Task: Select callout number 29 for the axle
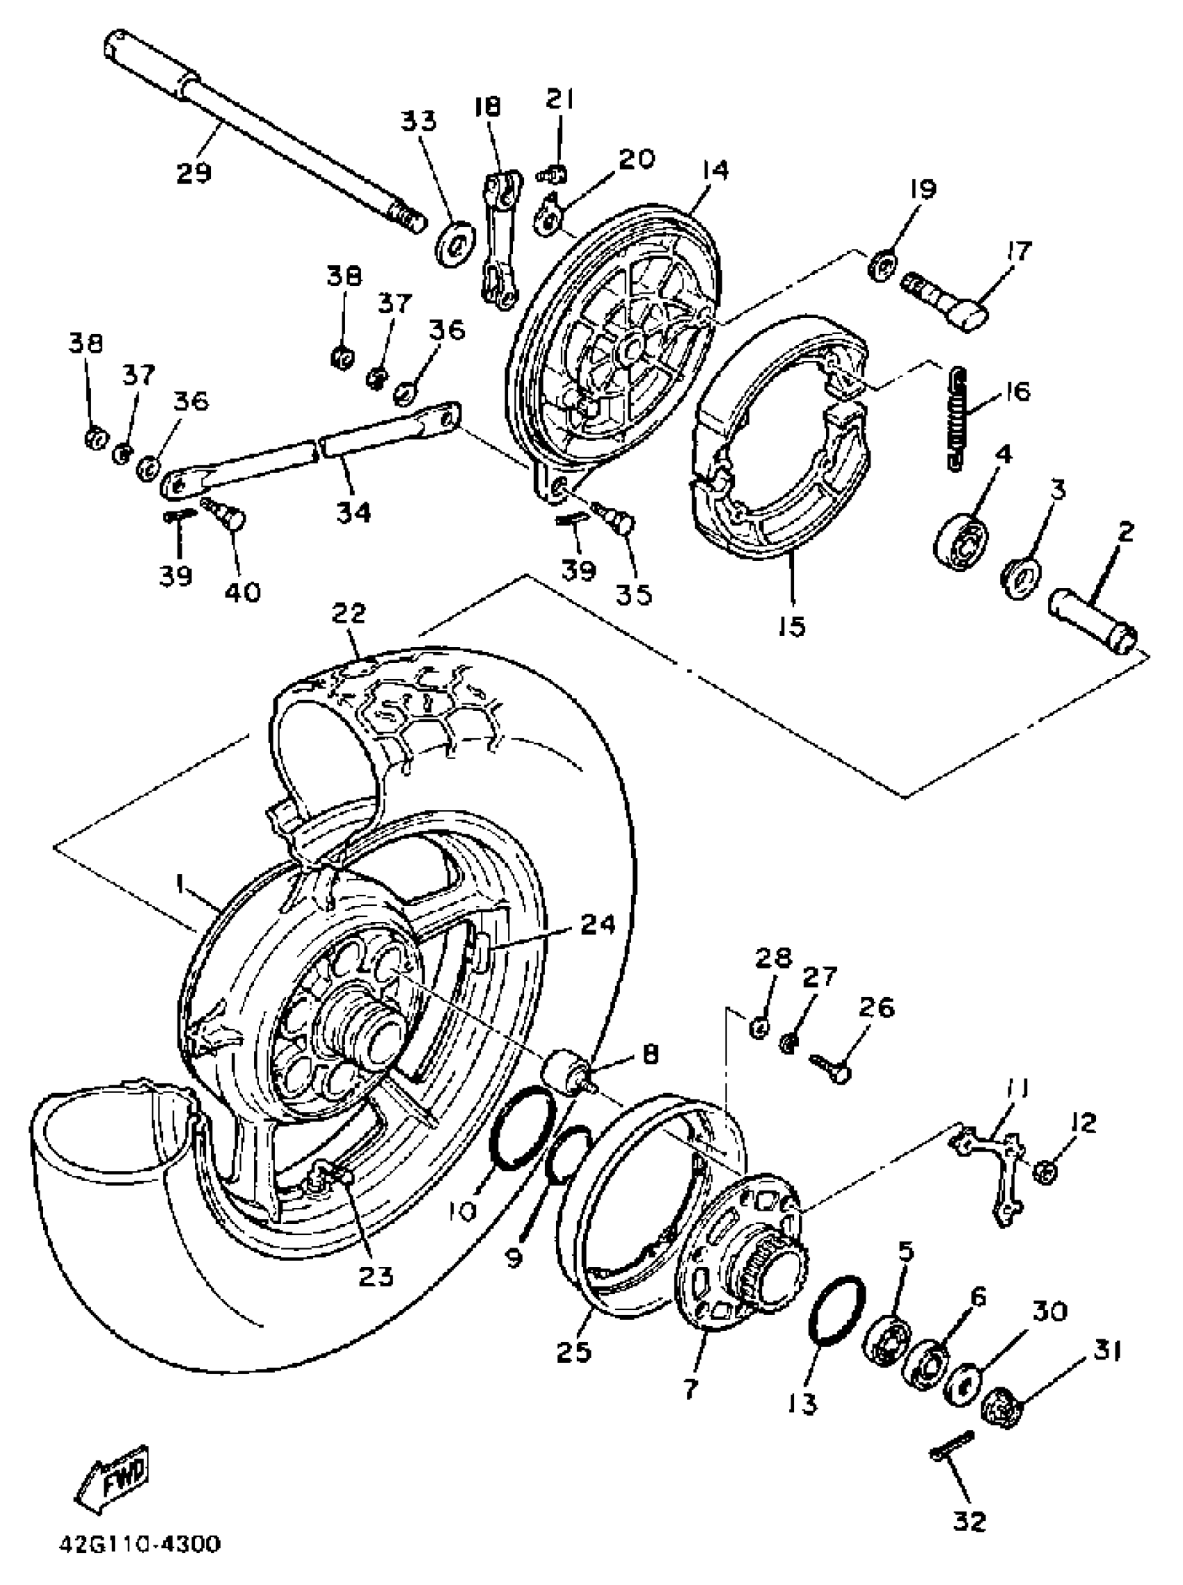[195, 173]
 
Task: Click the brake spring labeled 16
[960, 419]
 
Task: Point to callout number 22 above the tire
[349, 614]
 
